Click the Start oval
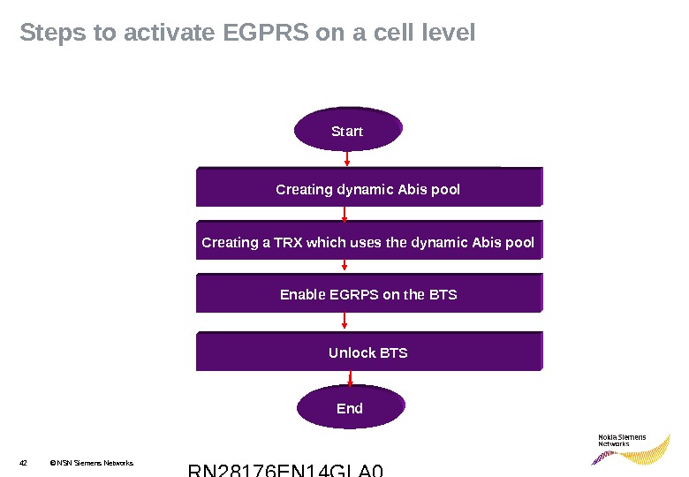tap(347, 131)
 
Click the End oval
tap(350, 408)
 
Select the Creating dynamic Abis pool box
tap(368, 188)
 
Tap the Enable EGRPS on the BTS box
tap(368, 294)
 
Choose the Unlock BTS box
tap(368, 352)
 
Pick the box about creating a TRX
tap(368, 241)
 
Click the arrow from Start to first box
tap(347, 159)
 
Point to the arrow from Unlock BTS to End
tap(352, 379)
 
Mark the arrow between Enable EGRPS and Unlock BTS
tap(344, 322)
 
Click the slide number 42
tap(24, 462)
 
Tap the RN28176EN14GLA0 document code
tap(286, 469)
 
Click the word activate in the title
tap(170, 34)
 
